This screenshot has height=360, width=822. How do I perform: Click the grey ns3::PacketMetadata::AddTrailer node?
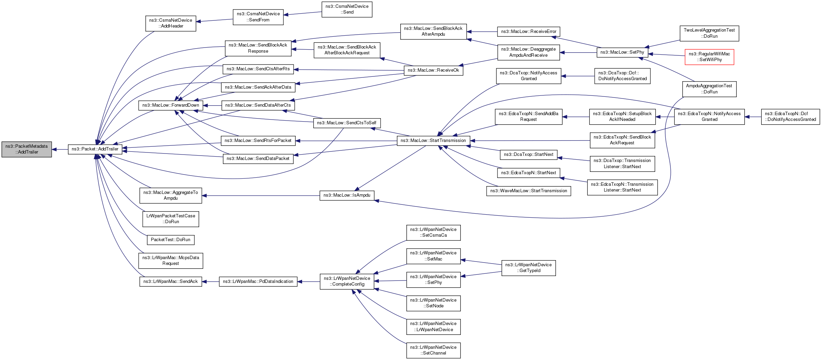[x=27, y=149]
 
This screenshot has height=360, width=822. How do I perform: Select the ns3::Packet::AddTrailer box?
[x=95, y=149]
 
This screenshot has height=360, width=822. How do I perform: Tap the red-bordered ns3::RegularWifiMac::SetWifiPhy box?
[x=709, y=57]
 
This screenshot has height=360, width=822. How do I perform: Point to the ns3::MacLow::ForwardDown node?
[x=171, y=105]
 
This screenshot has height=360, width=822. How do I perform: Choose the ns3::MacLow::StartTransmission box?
[x=433, y=141]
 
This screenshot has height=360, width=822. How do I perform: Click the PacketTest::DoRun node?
[x=171, y=240]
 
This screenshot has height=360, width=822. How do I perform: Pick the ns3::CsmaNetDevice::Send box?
[x=347, y=9]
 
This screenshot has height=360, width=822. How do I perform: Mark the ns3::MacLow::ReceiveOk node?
[x=433, y=70]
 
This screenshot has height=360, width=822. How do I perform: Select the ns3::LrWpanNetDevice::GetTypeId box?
[x=528, y=268]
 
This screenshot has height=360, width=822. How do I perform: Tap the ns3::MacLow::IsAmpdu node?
[x=347, y=195]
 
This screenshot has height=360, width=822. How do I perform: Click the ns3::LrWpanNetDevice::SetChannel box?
[x=433, y=350]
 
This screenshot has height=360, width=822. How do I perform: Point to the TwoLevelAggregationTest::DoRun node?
[x=709, y=33]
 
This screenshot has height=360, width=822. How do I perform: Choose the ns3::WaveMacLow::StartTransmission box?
[x=528, y=191]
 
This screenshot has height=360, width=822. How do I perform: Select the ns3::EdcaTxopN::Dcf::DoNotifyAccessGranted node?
[x=790, y=116]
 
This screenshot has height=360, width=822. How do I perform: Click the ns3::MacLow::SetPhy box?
[x=622, y=52]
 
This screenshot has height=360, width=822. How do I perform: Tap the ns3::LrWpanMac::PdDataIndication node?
[x=258, y=282]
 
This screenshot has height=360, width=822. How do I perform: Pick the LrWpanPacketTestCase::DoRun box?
[x=171, y=219]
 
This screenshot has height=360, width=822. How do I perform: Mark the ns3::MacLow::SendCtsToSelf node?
[x=347, y=123]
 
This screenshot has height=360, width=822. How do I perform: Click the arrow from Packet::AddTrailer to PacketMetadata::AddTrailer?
[x=60, y=149]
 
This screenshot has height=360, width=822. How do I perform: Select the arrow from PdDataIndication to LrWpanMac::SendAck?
[x=211, y=282]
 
